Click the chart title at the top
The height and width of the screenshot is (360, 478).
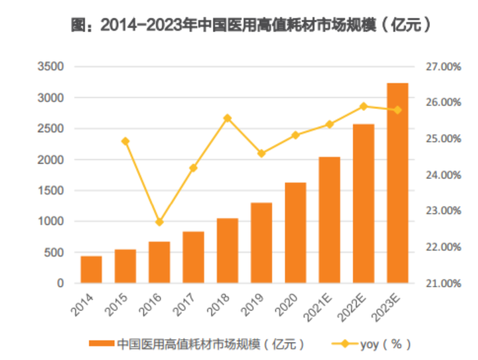click(251, 26)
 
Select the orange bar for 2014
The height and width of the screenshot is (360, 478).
click(91, 270)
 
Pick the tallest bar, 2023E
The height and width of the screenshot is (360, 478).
click(397, 183)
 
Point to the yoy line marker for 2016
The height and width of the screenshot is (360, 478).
click(160, 222)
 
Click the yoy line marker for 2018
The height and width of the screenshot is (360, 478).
click(227, 118)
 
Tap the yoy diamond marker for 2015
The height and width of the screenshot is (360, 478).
click(125, 141)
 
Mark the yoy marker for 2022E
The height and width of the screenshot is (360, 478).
click(363, 106)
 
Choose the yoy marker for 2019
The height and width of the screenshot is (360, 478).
click(261, 154)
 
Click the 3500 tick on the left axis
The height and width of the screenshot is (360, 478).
click(51, 67)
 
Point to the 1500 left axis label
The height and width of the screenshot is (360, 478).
click(51, 191)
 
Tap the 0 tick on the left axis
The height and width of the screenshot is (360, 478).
click(60, 283)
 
